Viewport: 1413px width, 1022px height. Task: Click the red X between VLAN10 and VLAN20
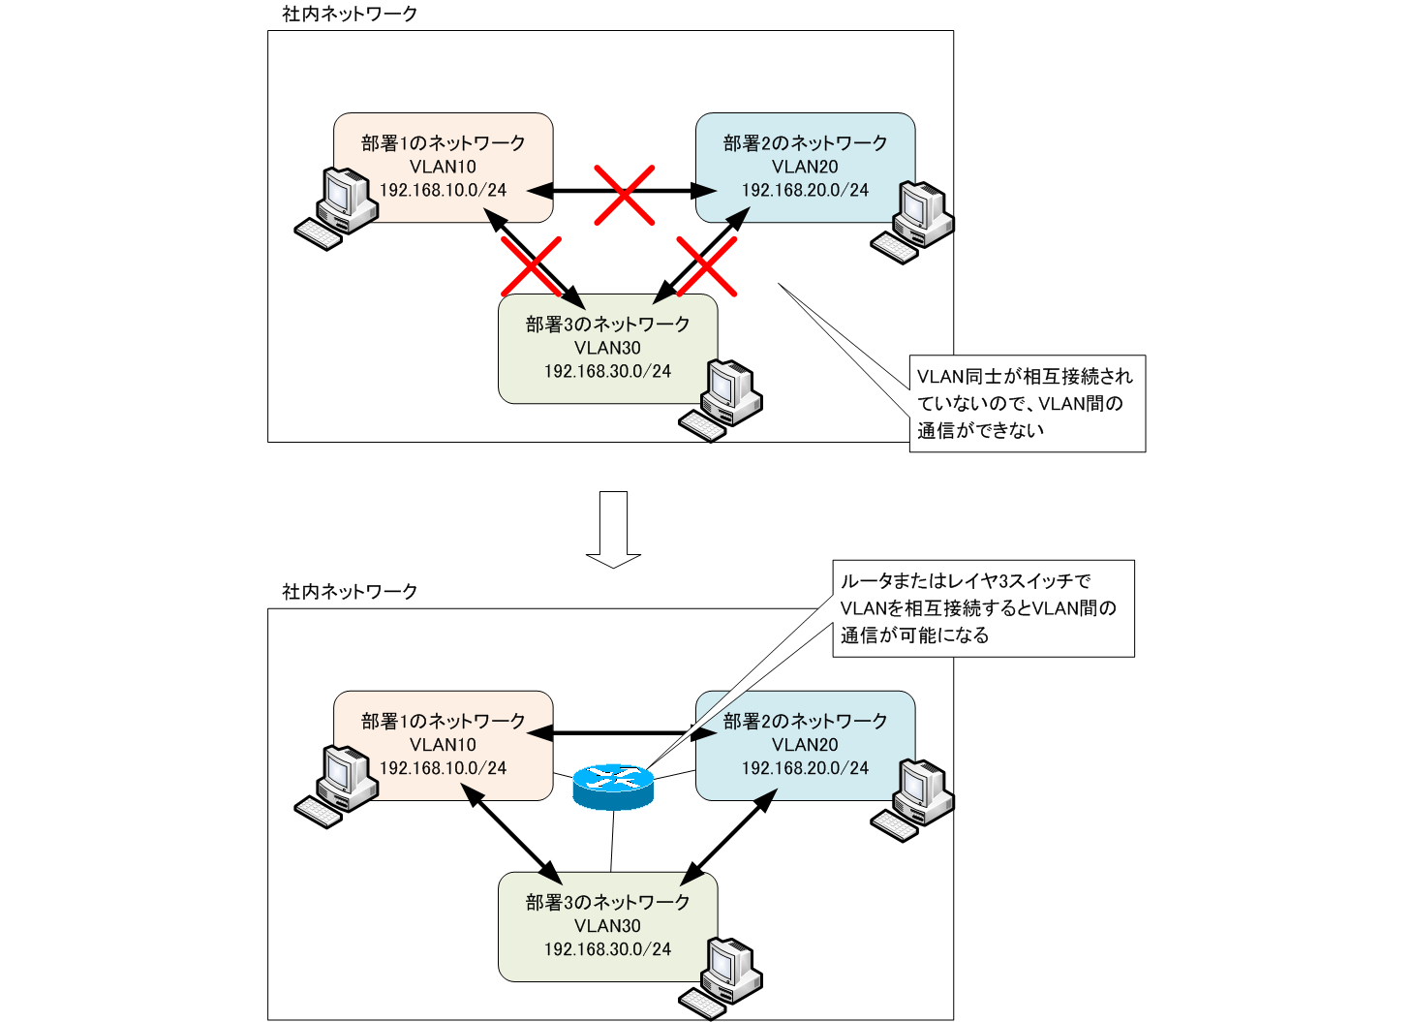(x=624, y=194)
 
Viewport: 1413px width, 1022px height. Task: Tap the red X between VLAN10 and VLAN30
(x=531, y=265)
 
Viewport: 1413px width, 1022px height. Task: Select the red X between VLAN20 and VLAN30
(x=706, y=265)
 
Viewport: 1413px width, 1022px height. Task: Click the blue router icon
(x=613, y=786)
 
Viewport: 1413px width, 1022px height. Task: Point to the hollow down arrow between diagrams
(x=613, y=529)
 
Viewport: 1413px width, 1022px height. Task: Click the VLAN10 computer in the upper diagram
(x=335, y=208)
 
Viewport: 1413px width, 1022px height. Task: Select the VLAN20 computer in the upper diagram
(x=912, y=221)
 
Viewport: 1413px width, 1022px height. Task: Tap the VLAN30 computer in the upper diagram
(x=721, y=400)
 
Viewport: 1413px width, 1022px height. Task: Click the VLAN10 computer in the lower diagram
(x=335, y=787)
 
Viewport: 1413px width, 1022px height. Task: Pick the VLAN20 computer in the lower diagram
(x=912, y=799)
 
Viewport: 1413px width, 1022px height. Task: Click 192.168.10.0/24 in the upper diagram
(x=443, y=191)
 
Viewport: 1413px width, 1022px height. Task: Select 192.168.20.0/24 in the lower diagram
(x=805, y=768)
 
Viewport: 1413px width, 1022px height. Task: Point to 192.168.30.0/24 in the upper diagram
(x=607, y=372)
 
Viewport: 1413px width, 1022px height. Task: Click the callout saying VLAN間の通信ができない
(x=1027, y=403)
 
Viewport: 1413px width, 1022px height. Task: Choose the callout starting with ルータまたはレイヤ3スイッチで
(x=983, y=608)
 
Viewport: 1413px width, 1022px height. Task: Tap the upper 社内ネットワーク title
(x=350, y=14)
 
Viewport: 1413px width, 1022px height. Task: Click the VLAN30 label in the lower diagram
(x=607, y=926)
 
